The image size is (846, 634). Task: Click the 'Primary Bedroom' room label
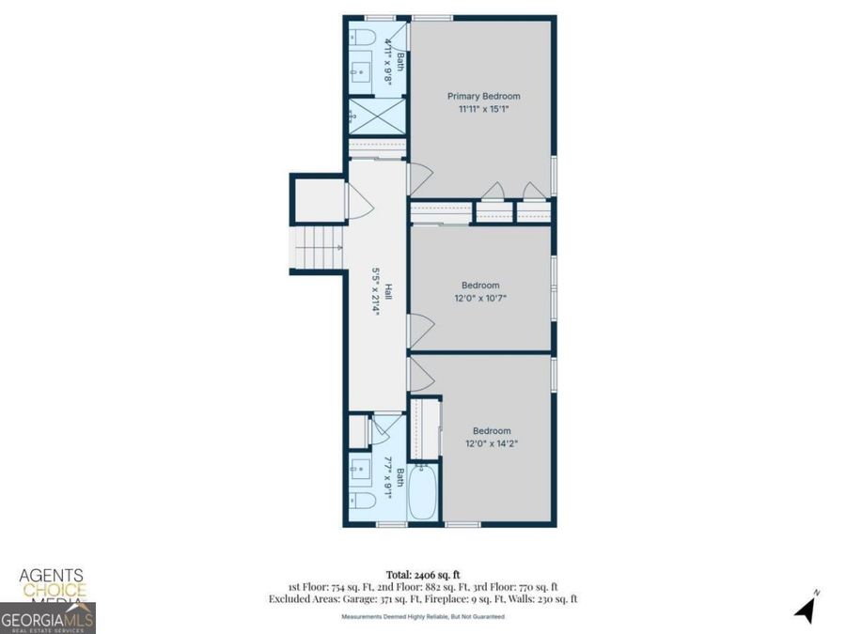(x=483, y=96)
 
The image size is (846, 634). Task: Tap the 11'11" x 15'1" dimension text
(x=483, y=109)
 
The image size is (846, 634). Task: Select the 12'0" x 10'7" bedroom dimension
(x=480, y=299)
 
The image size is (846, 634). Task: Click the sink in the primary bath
(x=361, y=70)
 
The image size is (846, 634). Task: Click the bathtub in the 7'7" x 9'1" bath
(x=423, y=490)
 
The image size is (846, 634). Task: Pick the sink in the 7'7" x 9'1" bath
(x=359, y=467)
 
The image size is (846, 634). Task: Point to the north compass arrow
(x=805, y=608)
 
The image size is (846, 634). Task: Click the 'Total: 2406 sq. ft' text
(x=422, y=573)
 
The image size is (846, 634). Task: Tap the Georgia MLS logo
(x=47, y=619)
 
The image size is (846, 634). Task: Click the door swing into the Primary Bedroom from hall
(x=418, y=178)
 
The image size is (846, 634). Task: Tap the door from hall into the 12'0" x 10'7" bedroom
(x=419, y=330)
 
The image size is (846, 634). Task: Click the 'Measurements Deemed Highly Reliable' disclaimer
(x=422, y=616)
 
